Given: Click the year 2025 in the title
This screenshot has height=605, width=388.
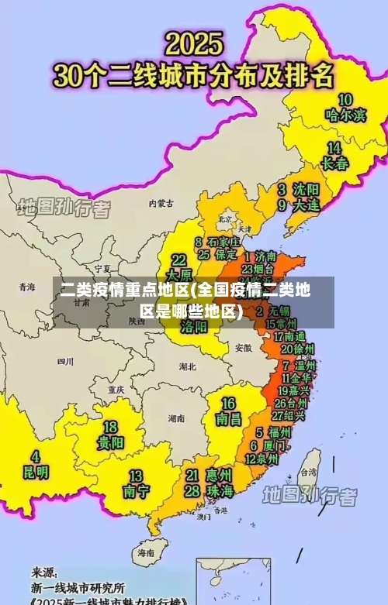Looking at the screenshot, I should (x=194, y=43).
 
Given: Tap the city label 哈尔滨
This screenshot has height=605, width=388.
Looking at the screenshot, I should (x=345, y=115).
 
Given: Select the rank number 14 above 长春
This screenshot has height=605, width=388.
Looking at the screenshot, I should (x=334, y=147).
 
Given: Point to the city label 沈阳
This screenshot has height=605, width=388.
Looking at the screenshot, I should (x=305, y=189).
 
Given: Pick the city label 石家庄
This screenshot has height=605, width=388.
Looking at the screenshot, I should (x=223, y=242).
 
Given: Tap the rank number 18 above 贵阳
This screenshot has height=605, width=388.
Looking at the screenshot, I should (x=111, y=427).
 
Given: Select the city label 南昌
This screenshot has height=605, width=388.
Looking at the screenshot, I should (x=229, y=419).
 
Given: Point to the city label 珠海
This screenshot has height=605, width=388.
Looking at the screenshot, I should (x=220, y=491).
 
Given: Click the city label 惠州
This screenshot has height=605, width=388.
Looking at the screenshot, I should (x=220, y=474).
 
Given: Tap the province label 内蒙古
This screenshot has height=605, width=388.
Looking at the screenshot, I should (x=161, y=204).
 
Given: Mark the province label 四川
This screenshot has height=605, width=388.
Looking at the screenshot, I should (x=65, y=361).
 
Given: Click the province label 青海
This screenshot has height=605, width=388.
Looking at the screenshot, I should (x=27, y=287).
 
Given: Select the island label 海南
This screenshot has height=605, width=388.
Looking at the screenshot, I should (x=146, y=553).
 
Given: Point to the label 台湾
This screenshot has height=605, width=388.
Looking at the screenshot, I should (x=308, y=472).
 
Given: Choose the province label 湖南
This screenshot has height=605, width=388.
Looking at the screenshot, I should (x=176, y=418).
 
